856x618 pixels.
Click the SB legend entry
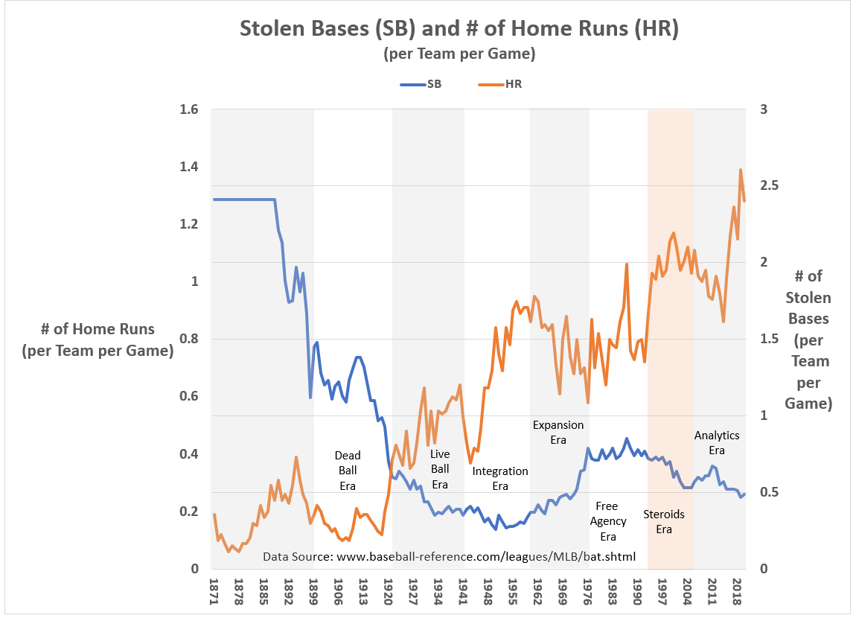coord(421,84)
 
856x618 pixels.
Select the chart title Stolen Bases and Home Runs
coord(459,29)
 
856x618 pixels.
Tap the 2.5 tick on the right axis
coord(770,186)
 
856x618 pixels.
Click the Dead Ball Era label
coord(347,471)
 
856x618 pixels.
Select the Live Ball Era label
coord(440,469)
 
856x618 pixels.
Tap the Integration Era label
coord(500,478)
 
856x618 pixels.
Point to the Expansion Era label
coord(558,433)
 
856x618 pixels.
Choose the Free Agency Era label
coord(607,521)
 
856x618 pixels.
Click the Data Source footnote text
coord(449,556)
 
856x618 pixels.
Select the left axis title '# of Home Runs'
coord(98,340)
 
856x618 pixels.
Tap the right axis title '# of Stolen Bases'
coord(808,340)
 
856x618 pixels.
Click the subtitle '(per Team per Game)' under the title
coord(459,54)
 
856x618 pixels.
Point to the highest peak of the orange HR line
coord(741,170)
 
